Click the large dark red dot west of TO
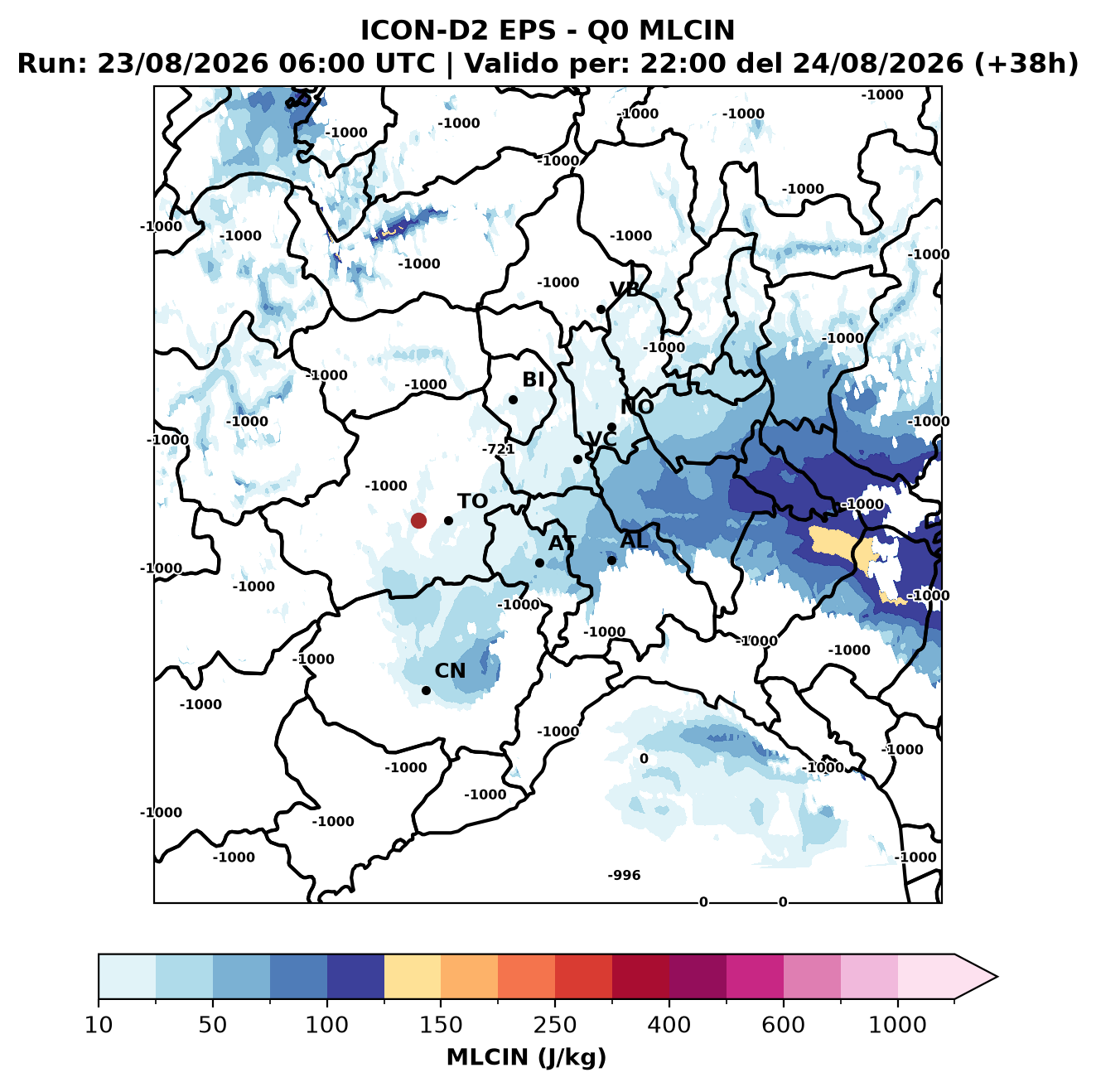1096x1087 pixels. click(x=418, y=520)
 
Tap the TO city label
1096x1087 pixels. click(x=472, y=501)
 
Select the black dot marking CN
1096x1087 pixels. click(x=426, y=690)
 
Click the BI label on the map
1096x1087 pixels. click(x=533, y=379)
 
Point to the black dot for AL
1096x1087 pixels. click(x=611, y=560)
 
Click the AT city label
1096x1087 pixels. click(x=562, y=543)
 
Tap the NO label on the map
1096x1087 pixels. click(x=636, y=407)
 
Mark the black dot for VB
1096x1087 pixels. click(x=601, y=309)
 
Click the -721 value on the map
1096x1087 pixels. click(x=498, y=449)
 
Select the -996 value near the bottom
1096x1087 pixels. click(x=624, y=875)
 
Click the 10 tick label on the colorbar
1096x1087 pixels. click(x=99, y=1025)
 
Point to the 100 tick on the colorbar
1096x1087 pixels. click(x=327, y=1025)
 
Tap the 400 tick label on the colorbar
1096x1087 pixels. click(x=669, y=1025)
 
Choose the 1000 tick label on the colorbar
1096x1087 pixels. click(x=897, y=1025)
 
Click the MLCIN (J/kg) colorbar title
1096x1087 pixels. click(x=526, y=1057)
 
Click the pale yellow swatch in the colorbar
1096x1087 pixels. click(x=413, y=977)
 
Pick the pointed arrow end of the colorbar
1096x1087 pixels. click(x=997, y=977)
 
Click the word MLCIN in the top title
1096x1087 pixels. click(x=687, y=30)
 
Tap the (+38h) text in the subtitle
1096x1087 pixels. click(x=1026, y=64)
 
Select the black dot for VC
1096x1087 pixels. click(x=578, y=459)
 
